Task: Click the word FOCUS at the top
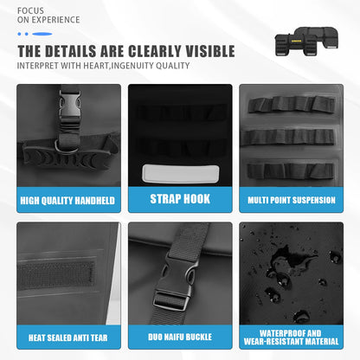coord(30,11)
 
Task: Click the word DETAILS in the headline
coord(70,51)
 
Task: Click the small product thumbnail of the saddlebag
coord(306,42)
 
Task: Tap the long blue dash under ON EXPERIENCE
coord(42,34)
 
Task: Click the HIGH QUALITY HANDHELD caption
coord(67,201)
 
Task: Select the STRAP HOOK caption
coord(180,199)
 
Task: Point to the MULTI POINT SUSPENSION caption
coord(292,200)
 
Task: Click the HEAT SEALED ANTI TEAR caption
coord(68,337)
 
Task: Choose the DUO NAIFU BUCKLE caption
coord(180,337)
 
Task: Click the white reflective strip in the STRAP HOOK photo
coord(181,174)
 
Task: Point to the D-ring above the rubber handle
coord(67,147)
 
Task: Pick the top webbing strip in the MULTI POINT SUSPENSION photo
coord(292,104)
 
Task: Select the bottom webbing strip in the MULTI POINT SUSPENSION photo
coord(291,170)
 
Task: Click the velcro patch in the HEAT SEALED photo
coord(55,275)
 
